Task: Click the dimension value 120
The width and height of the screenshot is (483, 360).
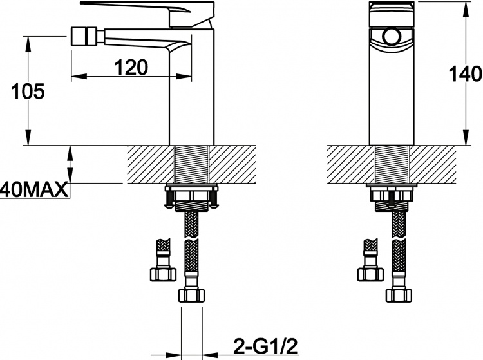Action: pos(131,68)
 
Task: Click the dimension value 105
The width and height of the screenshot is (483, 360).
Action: pos(28,91)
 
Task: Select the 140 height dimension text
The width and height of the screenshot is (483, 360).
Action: pos(465,74)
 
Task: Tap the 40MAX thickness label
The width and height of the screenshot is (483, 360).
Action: pos(33,189)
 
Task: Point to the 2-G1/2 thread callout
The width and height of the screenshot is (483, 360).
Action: pos(266,346)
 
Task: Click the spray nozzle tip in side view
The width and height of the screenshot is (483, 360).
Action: pos(84,36)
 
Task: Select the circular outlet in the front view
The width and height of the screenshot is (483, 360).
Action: pos(392,37)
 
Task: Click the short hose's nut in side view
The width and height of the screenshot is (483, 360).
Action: pos(164,274)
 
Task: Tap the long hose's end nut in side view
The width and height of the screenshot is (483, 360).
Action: pos(191,295)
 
